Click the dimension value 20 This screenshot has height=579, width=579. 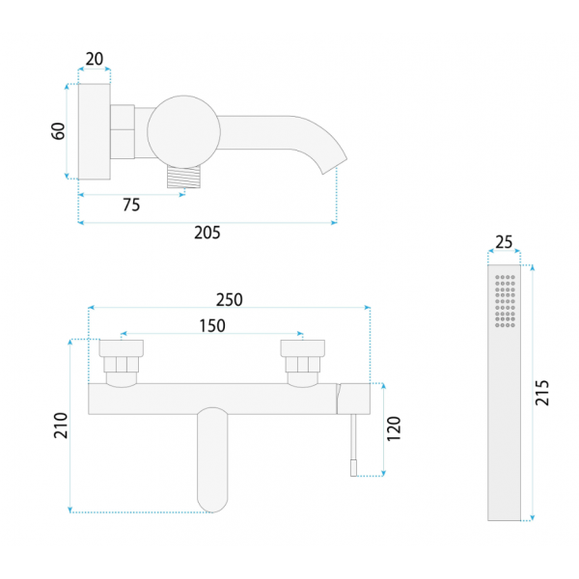[95, 59]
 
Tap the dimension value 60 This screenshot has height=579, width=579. [58, 131]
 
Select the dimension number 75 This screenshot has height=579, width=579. [131, 205]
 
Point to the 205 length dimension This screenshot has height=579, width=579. [207, 233]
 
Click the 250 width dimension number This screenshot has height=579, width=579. [230, 300]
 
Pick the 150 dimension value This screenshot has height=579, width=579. [212, 326]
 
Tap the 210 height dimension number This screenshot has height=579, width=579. [61, 426]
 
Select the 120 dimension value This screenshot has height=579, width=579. [394, 428]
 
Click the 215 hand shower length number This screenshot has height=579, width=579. [542, 393]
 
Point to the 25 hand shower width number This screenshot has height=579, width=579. [504, 242]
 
